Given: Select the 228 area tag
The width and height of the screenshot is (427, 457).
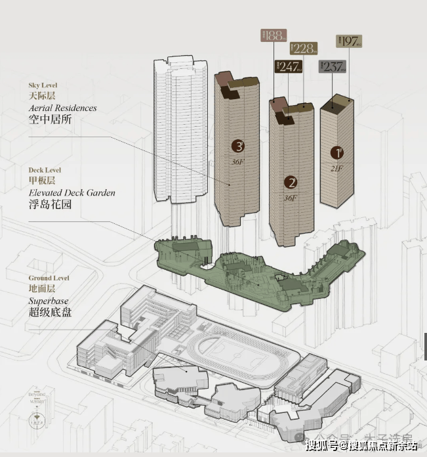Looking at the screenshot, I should tap(304, 48).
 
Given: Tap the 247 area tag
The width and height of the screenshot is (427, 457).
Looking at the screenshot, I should tap(288, 66).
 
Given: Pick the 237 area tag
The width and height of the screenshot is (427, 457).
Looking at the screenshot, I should tap(332, 66).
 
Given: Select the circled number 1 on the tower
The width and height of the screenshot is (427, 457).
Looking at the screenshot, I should tap(337, 153).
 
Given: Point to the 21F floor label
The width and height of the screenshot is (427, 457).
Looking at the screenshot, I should tap(338, 167).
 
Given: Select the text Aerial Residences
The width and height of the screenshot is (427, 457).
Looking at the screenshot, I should tap(62, 108).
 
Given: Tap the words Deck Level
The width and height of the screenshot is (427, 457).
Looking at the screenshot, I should tap(45, 170).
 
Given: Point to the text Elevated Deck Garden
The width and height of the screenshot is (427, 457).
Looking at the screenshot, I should tap(71, 192).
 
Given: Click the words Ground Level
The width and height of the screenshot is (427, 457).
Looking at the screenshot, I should tap(49, 278).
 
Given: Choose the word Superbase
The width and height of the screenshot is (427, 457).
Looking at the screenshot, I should tap(48, 300).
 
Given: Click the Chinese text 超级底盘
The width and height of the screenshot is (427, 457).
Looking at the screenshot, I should tap(50, 313).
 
